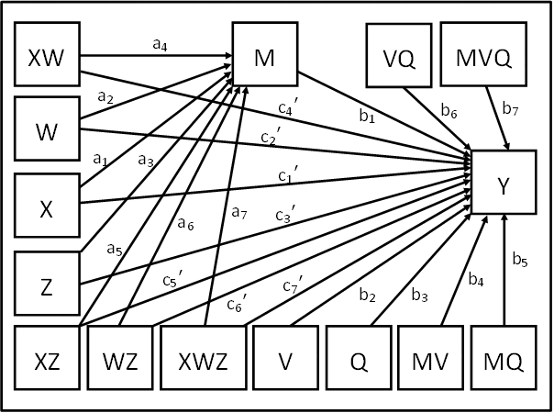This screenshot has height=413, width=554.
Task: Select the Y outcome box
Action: (504, 184)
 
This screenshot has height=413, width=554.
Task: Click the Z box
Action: (47, 285)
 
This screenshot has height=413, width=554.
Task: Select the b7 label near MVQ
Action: (509, 108)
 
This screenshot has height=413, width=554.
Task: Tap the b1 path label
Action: (367, 117)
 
